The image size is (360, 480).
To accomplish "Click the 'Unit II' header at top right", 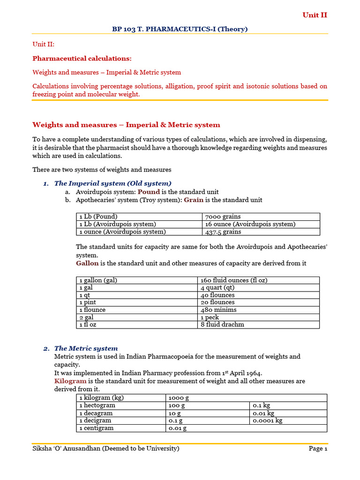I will tap(315, 15).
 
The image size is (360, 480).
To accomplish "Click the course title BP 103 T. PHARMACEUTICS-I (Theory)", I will tap(180, 29).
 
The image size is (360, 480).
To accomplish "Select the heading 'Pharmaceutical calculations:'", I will tap(82, 58).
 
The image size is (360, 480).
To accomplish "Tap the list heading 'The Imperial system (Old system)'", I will tap(112, 183).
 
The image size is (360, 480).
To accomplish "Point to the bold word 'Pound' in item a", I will tap(149, 192).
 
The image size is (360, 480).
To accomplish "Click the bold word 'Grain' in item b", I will tap(193, 200).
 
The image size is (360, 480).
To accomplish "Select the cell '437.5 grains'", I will tap(223, 232).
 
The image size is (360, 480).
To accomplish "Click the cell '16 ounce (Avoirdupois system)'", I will tap(250, 224).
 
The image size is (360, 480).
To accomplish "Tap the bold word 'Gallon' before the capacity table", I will tap(88, 263).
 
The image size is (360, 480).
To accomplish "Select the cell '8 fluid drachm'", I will tap(222, 324).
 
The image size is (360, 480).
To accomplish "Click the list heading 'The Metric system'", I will tap(86, 348).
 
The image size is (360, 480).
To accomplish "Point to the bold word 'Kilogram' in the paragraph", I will tap(70, 381).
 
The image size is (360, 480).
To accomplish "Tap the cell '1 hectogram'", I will tap(96, 405).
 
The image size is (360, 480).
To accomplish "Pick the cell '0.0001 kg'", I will tap(267, 420).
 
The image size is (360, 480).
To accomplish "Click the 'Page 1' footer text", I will tap(318, 449).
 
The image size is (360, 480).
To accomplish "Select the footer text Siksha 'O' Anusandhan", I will tap(105, 449).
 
